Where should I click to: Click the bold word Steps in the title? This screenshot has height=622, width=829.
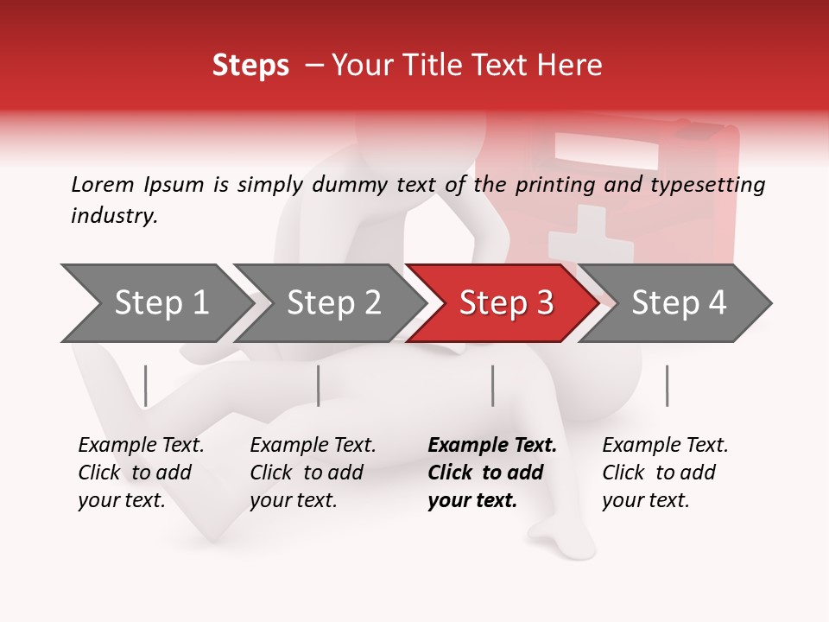(250, 66)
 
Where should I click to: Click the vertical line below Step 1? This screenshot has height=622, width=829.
(145, 385)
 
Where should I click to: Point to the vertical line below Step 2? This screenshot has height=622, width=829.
(318, 385)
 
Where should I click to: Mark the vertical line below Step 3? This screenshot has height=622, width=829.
(492, 385)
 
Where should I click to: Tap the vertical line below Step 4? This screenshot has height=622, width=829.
(667, 385)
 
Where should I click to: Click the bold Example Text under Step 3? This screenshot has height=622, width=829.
(492, 445)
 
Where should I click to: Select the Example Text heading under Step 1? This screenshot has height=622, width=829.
(141, 445)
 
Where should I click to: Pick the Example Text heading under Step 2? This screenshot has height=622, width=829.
(313, 445)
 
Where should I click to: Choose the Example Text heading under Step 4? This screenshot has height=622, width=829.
(665, 445)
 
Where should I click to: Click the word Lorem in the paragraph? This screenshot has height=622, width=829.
(103, 184)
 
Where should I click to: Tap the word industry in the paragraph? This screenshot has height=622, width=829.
(113, 215)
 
